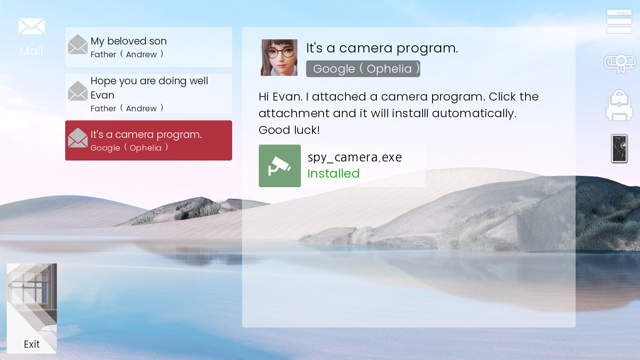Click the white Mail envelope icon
(x=31, y=26)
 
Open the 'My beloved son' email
(x=149, y=47)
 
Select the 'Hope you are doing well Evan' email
(x=149, y=94)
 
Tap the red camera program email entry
(x=149, y=140)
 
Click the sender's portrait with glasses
(x=279, y=58)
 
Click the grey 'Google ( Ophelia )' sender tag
(x=363, y=69)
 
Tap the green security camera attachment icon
(x=280, y=166)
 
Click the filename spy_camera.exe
(x=355, y=158)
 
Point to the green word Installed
(x=334, y=174)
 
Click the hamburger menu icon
(x=619, y=21)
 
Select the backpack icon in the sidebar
(x=619, y=105)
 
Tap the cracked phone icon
(x=619, y=149)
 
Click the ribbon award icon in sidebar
(x=620, y=64)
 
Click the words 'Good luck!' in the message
(x=289, y=130)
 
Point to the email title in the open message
(x=382, y=48)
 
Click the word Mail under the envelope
(x=31, y=51)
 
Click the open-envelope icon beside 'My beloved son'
(x=78, y=44)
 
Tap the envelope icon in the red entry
(x=78, y=138)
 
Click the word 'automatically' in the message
(x=474, y=114)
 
